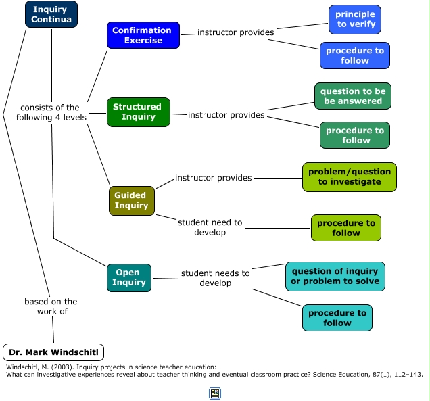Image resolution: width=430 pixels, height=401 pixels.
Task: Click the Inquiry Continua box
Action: pyautogui.click(x=51, y=14)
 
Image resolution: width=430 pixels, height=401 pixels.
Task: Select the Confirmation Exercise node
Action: pyautogui.click(x=143, y=35)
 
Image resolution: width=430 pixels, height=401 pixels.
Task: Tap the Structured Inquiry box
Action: pyautogui.click(x=138, y=112)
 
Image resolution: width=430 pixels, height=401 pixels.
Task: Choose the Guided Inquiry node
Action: pyautogui.click(x=131, y=201)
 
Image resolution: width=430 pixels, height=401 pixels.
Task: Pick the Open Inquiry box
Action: pyautogui.click(x=128, y=278)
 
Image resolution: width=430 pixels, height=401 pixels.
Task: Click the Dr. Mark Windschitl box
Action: pyautogui.click(x=53, y=352)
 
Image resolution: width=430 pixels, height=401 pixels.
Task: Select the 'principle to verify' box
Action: pyautogui.click(x=355, y=20)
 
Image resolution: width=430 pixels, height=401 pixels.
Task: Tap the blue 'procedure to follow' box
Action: pyautogui.click(x=355, y=55)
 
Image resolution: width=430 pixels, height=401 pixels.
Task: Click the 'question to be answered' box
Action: pyautogui.click(x=352, y=96)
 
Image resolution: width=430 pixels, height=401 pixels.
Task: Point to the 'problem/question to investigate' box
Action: pyautogui.click(x=349, y=176)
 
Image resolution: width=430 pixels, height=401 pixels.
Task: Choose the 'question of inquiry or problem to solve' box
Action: pyautogui.click(x=335, y=277)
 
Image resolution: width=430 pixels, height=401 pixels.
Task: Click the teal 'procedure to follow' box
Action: pyautogui.click(x=337, y=318)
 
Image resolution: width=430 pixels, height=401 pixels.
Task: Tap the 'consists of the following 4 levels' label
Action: pyautogui.click(x=49, y=112)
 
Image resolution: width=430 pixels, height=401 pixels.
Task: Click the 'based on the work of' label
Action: pyautogui.click(x=51, y=306)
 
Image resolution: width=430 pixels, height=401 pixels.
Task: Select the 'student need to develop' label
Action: pyautogui.click(x=210, y=227)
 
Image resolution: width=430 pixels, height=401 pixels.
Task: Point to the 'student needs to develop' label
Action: pyautogui.click(x=215, y=278)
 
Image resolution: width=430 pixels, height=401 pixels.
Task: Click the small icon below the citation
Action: pyautogui.click(x=215, y=393)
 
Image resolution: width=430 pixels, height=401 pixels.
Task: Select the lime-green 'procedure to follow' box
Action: pyautogui.click(x=345, y=228)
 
